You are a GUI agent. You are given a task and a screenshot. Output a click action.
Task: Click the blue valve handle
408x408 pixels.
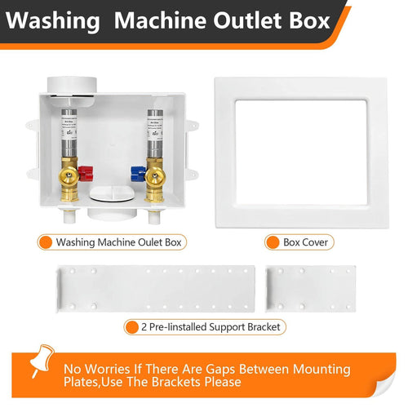click(138, 173)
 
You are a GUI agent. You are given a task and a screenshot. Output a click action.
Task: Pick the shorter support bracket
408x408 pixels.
click(311, 286)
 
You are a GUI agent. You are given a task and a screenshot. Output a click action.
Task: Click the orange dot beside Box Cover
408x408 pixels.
click(273, 242)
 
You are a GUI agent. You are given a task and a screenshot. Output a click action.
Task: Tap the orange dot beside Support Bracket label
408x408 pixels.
click(131, 327)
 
